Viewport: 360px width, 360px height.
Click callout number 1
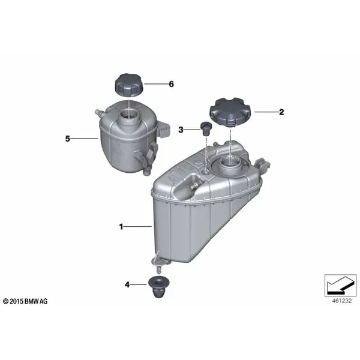121,227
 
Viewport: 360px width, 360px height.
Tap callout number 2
281,112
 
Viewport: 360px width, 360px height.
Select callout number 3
181,130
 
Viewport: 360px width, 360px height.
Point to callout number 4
127,284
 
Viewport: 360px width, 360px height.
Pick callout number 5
67,139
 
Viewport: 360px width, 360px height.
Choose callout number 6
171,84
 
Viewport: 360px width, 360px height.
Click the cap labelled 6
129,86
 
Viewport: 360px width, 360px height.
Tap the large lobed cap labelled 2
230,112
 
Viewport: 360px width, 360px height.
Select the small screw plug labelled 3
205,128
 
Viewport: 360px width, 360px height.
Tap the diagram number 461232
341,301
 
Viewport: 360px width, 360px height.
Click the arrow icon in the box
340,286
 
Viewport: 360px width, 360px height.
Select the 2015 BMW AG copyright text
25,301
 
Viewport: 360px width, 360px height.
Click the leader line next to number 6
155,84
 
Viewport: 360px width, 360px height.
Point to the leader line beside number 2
265,112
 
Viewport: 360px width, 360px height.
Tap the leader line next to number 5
85,139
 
